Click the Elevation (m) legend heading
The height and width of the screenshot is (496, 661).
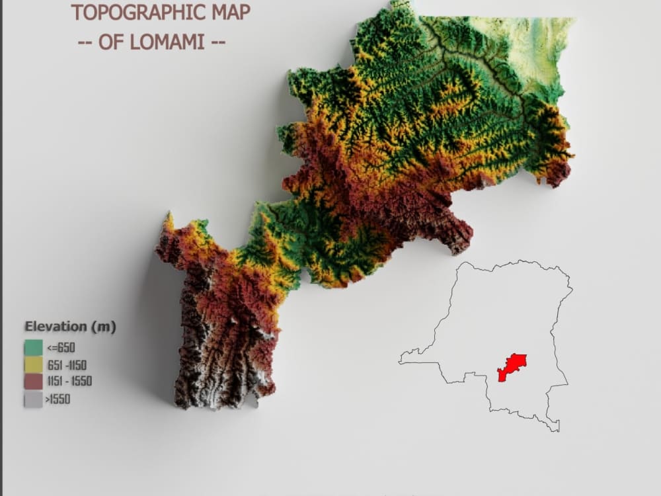[70, 326]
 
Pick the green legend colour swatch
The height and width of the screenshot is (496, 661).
[33, 347]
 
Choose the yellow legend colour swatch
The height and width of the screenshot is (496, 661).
[33, 364]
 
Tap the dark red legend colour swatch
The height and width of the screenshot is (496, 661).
[33, 382]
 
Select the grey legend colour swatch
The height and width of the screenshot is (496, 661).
[33, 399]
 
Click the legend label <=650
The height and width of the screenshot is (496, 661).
[61, 347]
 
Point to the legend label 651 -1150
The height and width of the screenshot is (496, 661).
[67, 364]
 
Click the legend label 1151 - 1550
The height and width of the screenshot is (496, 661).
[69, 381]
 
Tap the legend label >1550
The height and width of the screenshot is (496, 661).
[58, 399]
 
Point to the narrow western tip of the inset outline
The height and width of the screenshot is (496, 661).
[401, 361]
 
